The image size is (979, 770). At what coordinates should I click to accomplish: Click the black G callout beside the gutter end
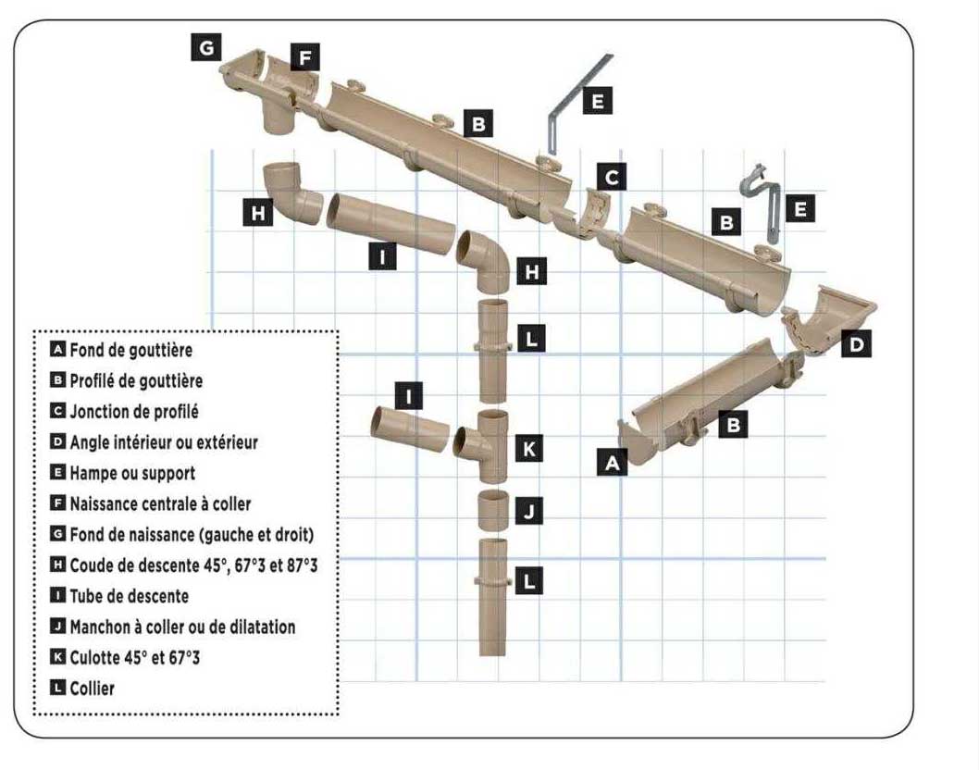(x=206, y=46)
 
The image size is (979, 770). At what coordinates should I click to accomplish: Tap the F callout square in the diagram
(x=304, y=57)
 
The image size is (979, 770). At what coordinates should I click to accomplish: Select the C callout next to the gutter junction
(x=612, y=176)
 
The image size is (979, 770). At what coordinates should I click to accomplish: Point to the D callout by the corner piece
(x=857, y=345)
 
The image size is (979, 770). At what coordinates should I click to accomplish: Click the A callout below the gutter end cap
(x=611, y=461)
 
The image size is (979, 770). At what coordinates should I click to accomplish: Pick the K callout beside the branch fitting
(x=528, y=450)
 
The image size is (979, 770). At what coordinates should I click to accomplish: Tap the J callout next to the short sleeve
(x=528, y=511)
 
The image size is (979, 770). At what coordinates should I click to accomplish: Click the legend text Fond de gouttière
(x=130, y=351)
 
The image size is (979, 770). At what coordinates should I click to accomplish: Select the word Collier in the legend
(x=93, y=688)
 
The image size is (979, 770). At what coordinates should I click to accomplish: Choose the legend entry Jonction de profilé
(x=133, y=411)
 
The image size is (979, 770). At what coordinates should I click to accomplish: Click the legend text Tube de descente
(x=129, y=596)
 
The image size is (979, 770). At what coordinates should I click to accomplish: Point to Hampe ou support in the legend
(x=132, y=473)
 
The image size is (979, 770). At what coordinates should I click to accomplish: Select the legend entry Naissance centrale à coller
(x=160, y=503)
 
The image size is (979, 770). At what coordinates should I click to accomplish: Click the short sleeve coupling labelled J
(x=492, y=510)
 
